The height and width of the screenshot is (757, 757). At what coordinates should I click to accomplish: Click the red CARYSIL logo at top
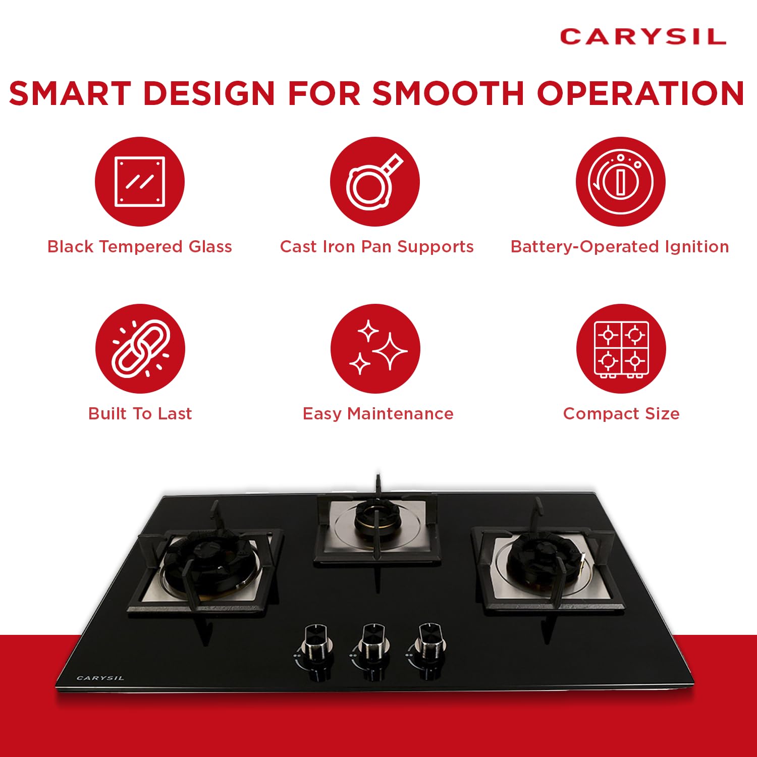(643, 37)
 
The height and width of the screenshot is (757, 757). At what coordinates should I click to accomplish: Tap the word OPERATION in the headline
(640, 93)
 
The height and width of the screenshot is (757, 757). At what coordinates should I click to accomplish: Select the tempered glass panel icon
(140, 182)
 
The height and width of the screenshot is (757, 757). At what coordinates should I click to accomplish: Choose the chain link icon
(140, 349)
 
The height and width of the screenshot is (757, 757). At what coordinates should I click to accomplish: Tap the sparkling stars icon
(377, 348)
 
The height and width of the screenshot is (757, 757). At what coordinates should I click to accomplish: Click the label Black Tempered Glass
(140, 246)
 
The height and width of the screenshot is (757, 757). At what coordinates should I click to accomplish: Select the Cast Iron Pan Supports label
(377, 247)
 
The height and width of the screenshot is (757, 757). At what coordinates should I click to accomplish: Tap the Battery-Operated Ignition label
(620, 247)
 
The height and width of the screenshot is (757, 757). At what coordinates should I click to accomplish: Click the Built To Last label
(140, 413)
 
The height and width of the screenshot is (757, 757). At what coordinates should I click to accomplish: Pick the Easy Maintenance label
(378, 414)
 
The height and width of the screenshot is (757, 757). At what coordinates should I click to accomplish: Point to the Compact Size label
(621, 414)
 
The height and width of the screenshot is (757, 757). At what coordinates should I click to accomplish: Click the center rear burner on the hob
(376, 520)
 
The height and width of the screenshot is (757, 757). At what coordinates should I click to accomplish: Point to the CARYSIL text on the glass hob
(100, 678)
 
